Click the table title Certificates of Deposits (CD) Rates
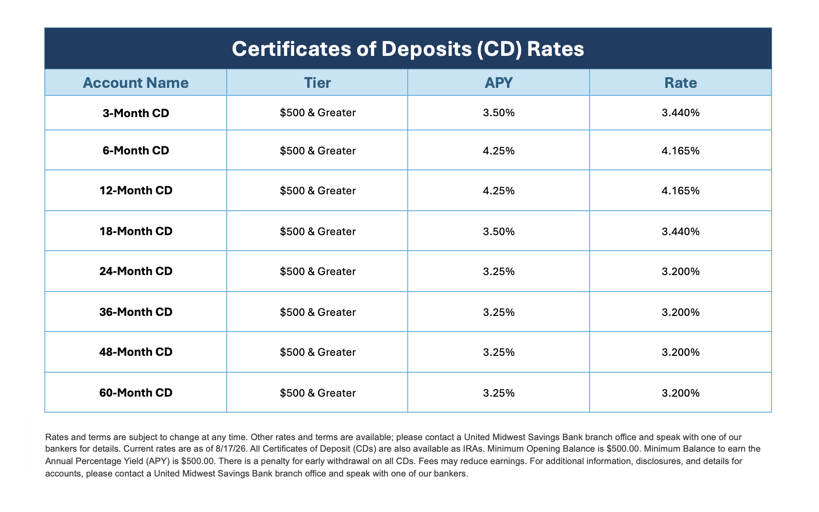[408, 49]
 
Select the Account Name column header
[136, 83]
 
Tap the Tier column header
[318, 83]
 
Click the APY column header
[499, 83]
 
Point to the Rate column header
[681, 83]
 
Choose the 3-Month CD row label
[136, 113]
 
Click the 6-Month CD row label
[136, 150]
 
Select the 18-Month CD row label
[136, 231]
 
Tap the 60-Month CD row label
[136, 393]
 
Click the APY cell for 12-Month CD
[499, 191]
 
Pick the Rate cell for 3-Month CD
[681, 113]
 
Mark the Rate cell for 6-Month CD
[681, 151]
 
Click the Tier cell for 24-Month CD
[318, 272]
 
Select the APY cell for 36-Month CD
[499, 312]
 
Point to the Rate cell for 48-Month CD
[681, 352]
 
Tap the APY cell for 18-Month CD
[499, 232]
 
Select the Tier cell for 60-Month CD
[318, 393]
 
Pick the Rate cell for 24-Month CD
[681, 272]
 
